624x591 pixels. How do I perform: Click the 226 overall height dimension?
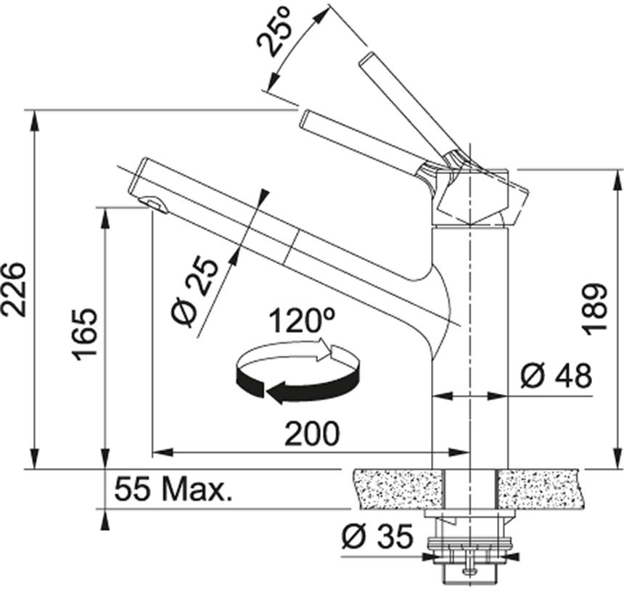tap(15, 289)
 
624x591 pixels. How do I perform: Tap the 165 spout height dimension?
tap(84, 334)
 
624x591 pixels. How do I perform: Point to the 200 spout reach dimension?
tap(312, 434)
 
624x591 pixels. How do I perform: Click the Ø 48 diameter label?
tap(557, 376)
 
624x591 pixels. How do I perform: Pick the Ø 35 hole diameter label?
tap(377, 536)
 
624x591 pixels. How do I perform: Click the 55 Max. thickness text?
tap(173, 489)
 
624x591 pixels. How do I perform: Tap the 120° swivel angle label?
tap(302, 321)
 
